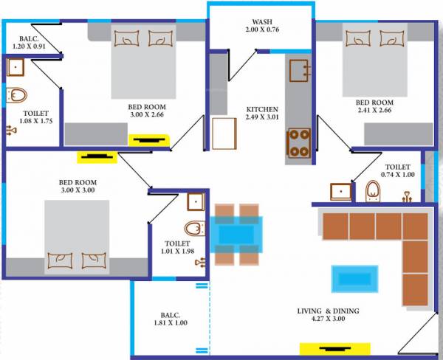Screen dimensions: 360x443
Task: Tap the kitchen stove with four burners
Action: [x=299, y=143]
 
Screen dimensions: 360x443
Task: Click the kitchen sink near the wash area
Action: [x=301, y=71]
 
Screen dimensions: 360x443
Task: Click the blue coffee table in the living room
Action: [x=357, y=279]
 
